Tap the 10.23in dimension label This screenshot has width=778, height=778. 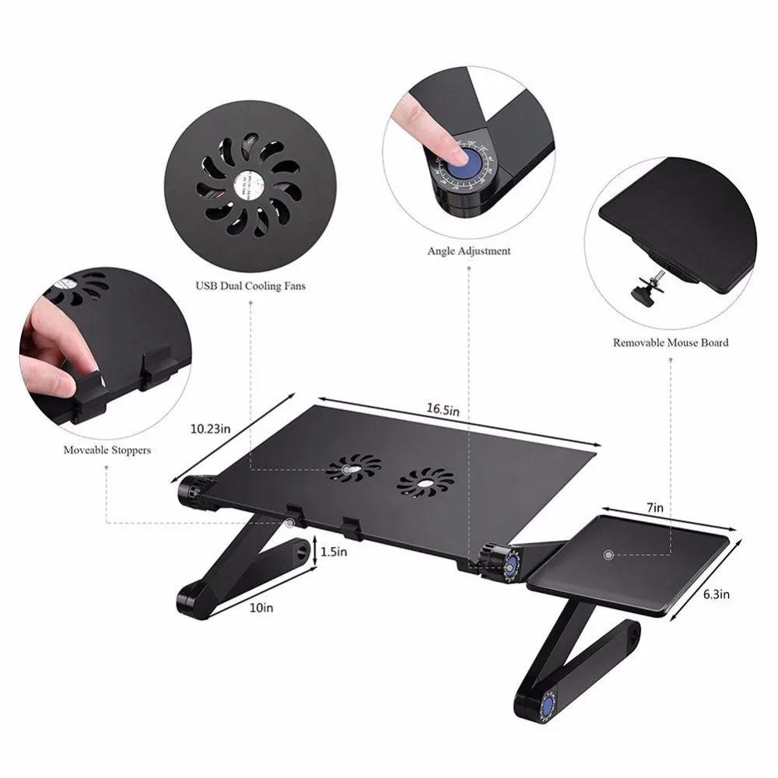211,427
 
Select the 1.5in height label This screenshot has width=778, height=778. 333,552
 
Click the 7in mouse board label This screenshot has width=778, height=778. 656,508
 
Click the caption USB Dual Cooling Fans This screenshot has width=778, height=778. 250,286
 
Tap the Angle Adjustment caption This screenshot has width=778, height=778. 469,251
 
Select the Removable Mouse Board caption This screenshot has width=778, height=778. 671,342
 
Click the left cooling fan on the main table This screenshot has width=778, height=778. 352,471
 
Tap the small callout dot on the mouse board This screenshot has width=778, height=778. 608,555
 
